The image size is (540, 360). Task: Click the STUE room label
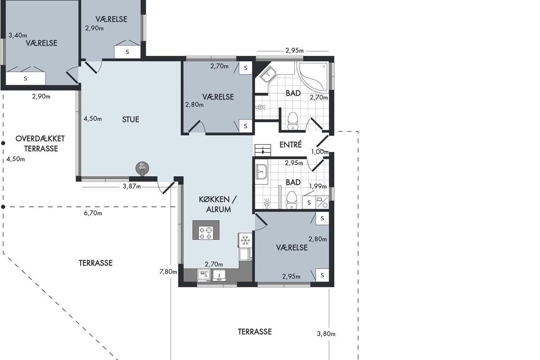(x=130, y=120)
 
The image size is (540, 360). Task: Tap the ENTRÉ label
(x=291, y=144)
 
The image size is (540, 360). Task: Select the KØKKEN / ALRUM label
(x=218, y=204)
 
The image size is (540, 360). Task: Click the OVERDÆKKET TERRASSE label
(x=40, y=144)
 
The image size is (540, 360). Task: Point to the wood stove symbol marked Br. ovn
(x=142, y=168)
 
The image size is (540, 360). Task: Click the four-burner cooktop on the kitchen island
(x=206, y=233)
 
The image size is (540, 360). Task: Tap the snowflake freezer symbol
(x=245, y=240)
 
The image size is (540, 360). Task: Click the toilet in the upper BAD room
(x=293, y=121)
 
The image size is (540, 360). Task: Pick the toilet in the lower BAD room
(x=292, y=200)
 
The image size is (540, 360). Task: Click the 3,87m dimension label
(x=131, y=186)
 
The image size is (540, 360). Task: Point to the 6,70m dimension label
(x=93, y=213)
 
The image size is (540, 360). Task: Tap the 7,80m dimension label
(x=168, y=272)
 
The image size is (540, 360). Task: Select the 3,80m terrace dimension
(x=326, y=334)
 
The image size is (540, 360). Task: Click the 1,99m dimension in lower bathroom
(x=318, y=186)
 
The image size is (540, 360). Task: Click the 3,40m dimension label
(x=18, y=36)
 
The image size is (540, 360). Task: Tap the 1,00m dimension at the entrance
(x=320, y=152)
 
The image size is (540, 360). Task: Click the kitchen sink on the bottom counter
(x=219, y=275)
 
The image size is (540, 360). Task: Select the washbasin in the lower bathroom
(x=261, y=172)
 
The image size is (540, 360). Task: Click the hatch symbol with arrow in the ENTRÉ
(x=263, y=150)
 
